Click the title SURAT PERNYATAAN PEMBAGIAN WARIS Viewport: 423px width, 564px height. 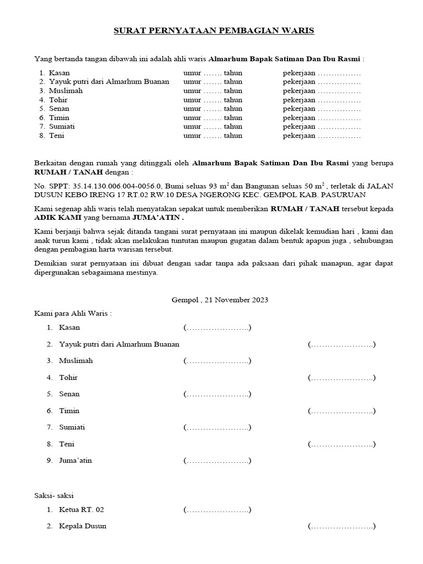(214, 31)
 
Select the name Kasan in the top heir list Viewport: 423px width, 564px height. (59, 73)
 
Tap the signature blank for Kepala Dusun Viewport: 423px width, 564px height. (342, 527)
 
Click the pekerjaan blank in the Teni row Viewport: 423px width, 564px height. (339, 135)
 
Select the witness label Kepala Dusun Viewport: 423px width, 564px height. (83, 526)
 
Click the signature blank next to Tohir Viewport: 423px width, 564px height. (342, 378)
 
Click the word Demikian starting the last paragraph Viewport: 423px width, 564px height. (53, 264)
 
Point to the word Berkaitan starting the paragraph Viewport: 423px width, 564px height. (53, 164)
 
